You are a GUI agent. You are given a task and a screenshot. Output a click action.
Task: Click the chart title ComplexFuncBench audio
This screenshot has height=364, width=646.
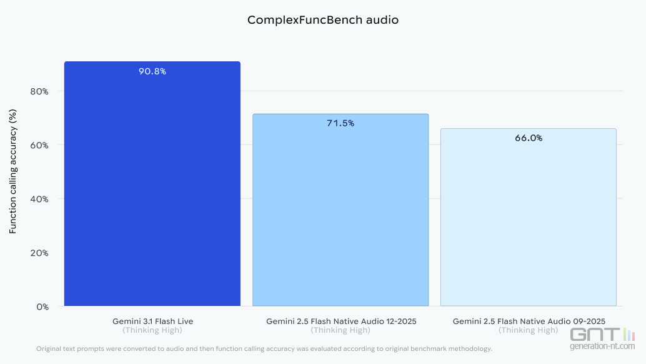(322, 20)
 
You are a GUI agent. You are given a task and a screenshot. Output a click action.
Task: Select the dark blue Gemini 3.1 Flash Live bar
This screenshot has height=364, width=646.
(152, 188)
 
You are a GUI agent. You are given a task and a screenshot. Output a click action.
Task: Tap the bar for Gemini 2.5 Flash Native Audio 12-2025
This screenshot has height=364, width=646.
(340, 213)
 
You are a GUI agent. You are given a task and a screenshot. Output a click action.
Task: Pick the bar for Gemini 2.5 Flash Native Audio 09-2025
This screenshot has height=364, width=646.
(529, 219)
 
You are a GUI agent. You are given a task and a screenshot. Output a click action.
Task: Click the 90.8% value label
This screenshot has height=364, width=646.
(152, 71)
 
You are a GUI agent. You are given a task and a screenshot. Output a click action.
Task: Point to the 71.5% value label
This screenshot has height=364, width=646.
(340, 123)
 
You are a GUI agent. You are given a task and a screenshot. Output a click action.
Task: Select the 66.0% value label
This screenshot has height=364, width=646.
(529, 138)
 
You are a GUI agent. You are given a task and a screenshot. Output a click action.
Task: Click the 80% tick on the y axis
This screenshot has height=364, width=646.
(39, 91)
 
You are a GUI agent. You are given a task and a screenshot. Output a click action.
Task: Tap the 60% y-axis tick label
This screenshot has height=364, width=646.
(39, 145)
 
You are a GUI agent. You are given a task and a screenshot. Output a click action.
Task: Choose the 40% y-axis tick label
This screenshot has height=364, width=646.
(39, 199)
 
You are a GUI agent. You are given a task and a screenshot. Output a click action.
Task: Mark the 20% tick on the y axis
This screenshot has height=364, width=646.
(39, 253)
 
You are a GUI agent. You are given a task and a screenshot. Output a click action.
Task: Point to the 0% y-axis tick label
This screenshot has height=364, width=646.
(42, 306)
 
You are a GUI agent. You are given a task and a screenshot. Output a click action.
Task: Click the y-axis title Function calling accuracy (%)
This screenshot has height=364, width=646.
(12, 172)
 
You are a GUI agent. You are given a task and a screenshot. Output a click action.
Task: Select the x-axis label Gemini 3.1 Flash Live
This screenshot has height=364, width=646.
(152, 321)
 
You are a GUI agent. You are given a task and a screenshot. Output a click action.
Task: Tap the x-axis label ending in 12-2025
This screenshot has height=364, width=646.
(340, 321)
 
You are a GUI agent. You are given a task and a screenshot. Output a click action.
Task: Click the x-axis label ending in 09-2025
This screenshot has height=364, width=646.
(529, 321)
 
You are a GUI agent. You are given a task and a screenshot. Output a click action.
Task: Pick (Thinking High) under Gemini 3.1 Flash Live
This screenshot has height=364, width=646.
(152, 330)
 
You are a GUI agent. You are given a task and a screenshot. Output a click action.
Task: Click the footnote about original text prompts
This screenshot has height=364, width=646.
(264, 348)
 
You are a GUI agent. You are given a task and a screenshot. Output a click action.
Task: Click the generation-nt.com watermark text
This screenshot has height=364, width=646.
(602, 346)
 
